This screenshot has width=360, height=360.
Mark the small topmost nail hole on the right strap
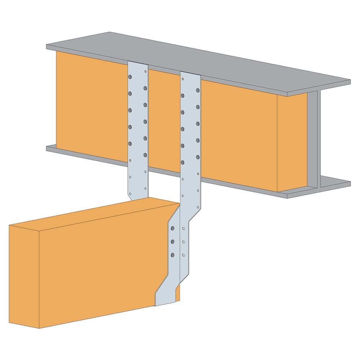coord(183,78)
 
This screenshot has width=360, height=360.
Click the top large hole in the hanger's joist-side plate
coord(172,228)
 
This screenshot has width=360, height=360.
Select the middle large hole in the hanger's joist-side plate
coord(172,242)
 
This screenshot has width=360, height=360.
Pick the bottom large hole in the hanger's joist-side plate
coord(172,255)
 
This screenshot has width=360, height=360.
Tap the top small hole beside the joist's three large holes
coord(184,229)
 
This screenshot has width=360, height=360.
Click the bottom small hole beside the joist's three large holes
coord(184,255)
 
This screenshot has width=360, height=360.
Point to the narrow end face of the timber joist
coord(24,275)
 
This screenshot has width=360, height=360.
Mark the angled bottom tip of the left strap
coord(130,197)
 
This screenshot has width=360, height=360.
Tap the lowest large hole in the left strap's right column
coord(145,155)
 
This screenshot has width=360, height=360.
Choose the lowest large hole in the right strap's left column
coord(183,162)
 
